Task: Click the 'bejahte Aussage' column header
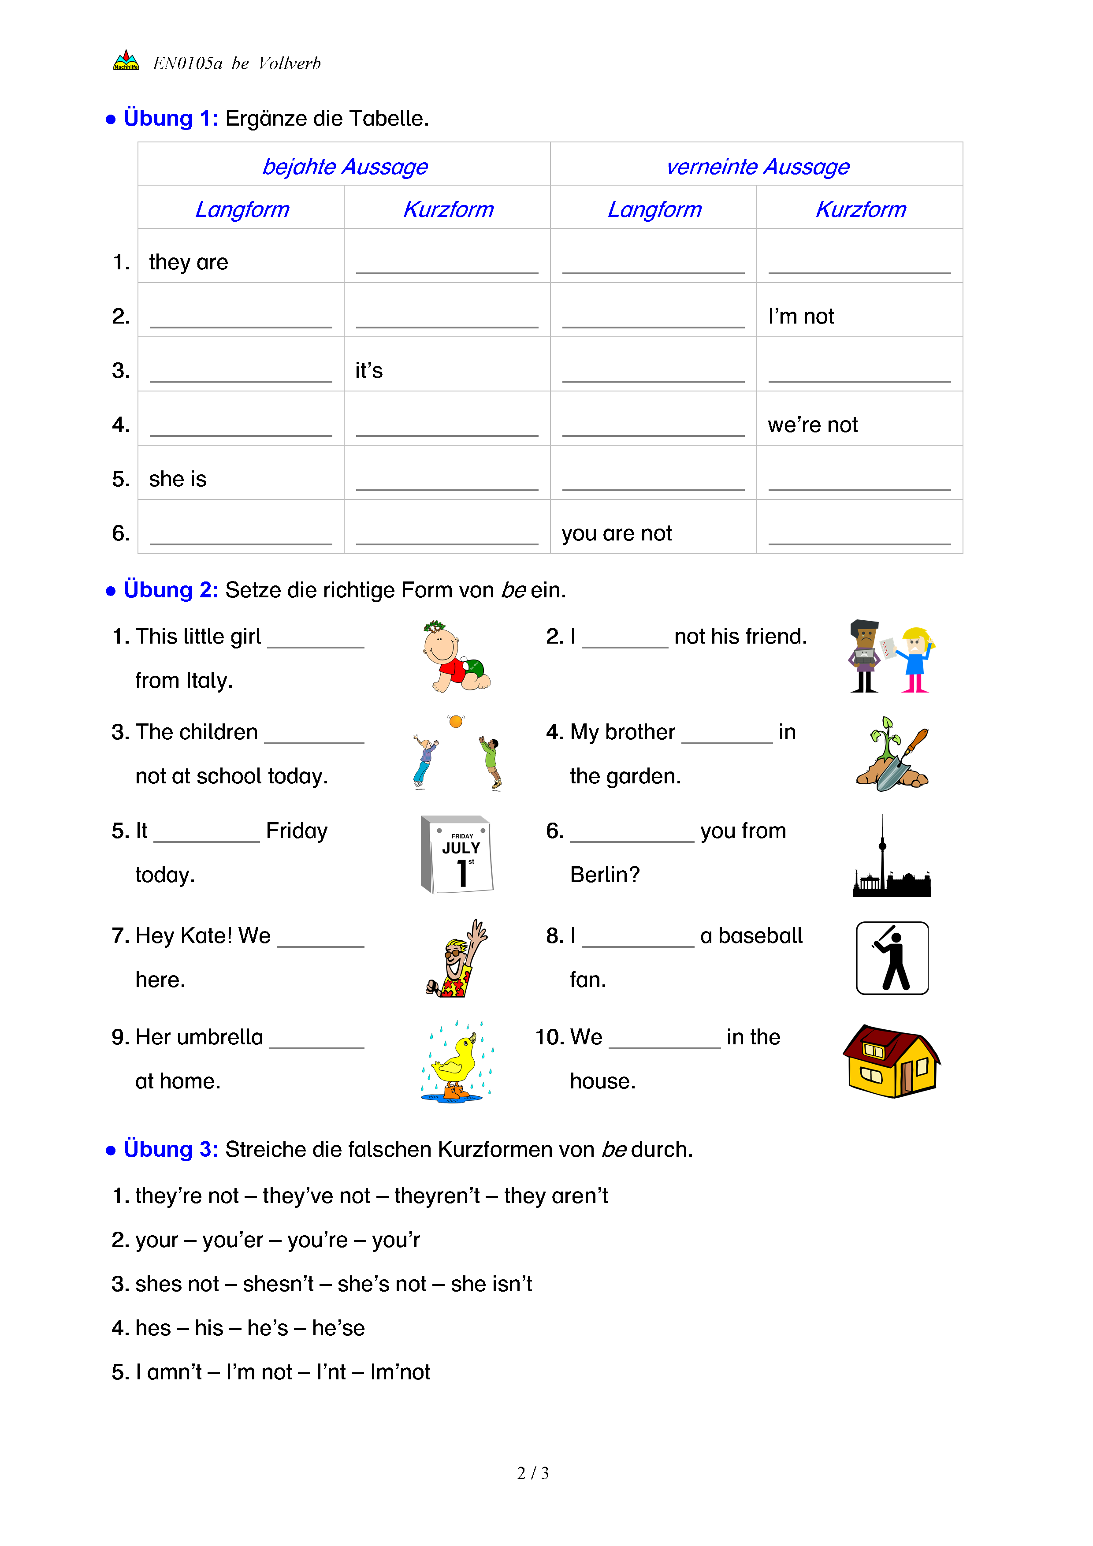pyautogui.click(x=345, y=166)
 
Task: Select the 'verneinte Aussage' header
pyautogui.click(x=757, y=166)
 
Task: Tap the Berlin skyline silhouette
pyautogui.click(x=891, y=858)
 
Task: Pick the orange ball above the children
pyautogui.click(x=456, y=722)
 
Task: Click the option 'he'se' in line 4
pyautogui.click(x=338, y=1328)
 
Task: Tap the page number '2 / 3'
pyautogui.click(x=532, y=1473)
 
